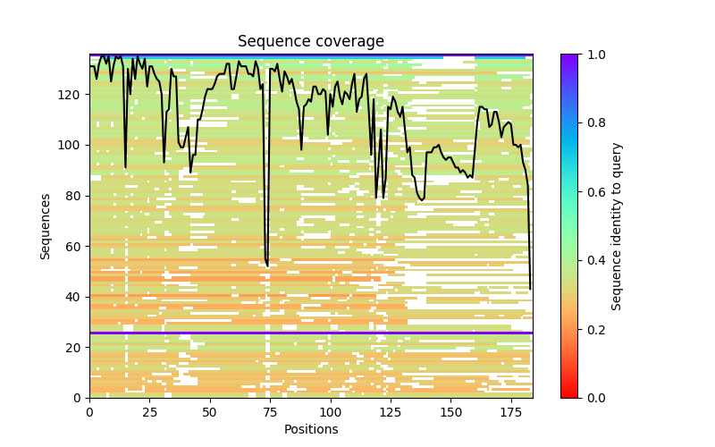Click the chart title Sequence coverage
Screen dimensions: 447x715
coord(311,42)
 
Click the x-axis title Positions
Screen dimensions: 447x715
coord(311,429)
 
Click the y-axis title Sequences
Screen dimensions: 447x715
coord(46,226)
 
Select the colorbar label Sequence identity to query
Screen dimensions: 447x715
coord(617,226)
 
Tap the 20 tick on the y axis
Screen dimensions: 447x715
coord(75,348)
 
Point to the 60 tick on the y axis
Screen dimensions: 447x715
coord(75,247)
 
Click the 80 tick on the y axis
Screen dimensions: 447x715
coord(75,196)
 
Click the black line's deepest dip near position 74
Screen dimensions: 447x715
coord(267,266)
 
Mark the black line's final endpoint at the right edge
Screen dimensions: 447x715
coord(531,289)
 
